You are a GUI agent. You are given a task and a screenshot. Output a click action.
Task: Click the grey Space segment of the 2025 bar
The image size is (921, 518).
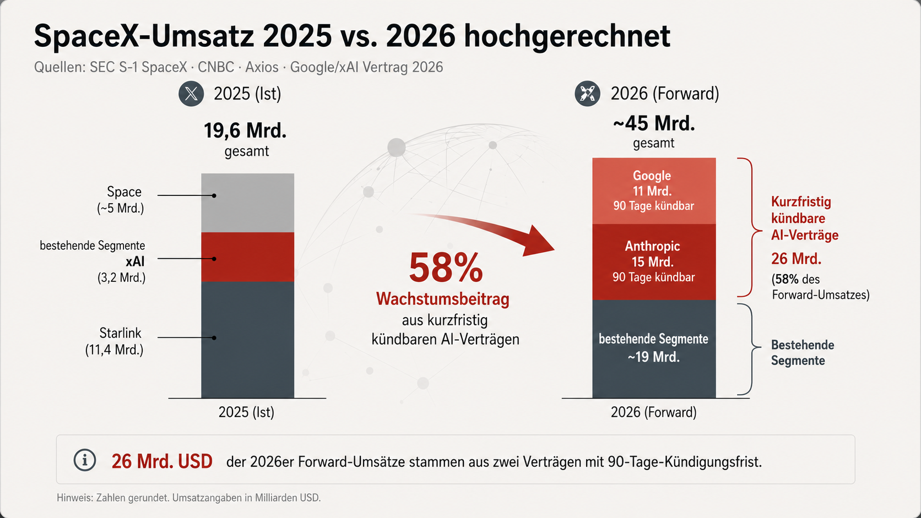click(x=247, y=203)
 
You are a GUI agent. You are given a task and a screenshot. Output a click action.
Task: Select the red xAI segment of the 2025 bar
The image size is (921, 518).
click(x=247, y=257)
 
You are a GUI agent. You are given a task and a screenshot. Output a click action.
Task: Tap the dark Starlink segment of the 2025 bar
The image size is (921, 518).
click(x=247, y=340)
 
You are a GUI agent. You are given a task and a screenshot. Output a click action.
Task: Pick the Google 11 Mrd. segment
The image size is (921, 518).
click(x=654, y=191)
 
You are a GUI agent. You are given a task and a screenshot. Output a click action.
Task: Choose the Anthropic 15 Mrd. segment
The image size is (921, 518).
click(x=654, y=262)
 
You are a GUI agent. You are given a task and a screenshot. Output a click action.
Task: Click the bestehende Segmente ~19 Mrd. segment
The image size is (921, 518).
click(x=654, y=349)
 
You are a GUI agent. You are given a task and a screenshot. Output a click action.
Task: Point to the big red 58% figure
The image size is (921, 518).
click(x=446, y=268)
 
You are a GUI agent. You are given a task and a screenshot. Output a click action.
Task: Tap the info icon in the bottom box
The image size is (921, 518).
click(x=85, y=460)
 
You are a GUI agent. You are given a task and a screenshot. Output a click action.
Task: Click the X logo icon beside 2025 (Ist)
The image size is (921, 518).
click(x=191, y=94)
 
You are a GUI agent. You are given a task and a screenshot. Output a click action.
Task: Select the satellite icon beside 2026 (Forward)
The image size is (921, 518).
click(x=587, y=94)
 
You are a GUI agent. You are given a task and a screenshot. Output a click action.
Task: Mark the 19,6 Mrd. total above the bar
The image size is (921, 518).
click(x=245, y=130)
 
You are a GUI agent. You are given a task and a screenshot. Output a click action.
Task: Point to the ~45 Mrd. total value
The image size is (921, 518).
click(x=654, y=123)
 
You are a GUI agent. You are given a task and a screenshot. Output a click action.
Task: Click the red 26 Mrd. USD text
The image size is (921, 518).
click(x=162, y=462)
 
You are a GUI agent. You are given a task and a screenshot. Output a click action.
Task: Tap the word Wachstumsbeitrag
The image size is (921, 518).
click(x=443, y=299)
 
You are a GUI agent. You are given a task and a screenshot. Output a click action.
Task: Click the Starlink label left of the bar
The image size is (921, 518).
click(x=120, y=332)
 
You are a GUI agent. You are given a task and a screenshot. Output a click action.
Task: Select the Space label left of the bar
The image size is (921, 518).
click(x=124, y=192)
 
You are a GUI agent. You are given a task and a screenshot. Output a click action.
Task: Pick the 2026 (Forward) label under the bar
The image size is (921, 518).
click(x=654, y=412)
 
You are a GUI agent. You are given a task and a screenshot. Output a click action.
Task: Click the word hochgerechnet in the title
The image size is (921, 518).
click(x=567, y=36)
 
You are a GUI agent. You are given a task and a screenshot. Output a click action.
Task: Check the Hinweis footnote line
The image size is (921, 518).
click(x=189, y=498)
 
